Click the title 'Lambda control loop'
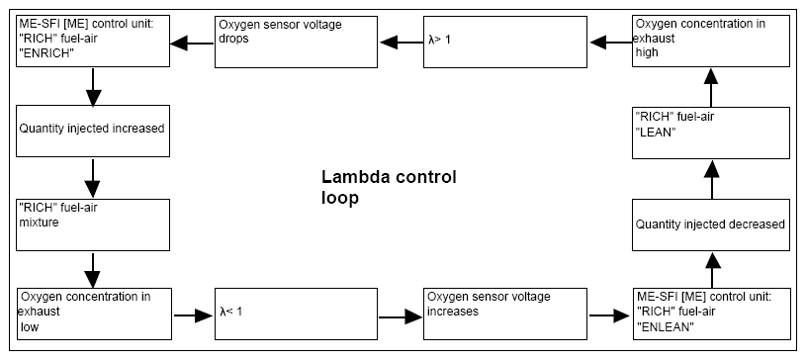point(389,188)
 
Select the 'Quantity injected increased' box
point(93,131)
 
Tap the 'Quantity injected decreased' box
point(711,225)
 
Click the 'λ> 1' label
point(439,40)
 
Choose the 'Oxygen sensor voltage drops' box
point(296,42)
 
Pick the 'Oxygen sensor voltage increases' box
point(505,314)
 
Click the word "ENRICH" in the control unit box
point(44,54)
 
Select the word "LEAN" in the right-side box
point(654,133)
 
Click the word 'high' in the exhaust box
point(647,52)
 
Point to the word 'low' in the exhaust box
point(30,327)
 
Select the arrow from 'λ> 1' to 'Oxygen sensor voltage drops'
point(401,43)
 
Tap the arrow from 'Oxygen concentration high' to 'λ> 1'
point(611,43)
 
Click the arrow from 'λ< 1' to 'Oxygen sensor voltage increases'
point(401,317)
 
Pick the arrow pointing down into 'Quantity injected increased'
point(93,86)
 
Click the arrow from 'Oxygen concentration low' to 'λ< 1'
point(193,315)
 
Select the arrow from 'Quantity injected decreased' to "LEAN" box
point(711,179)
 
